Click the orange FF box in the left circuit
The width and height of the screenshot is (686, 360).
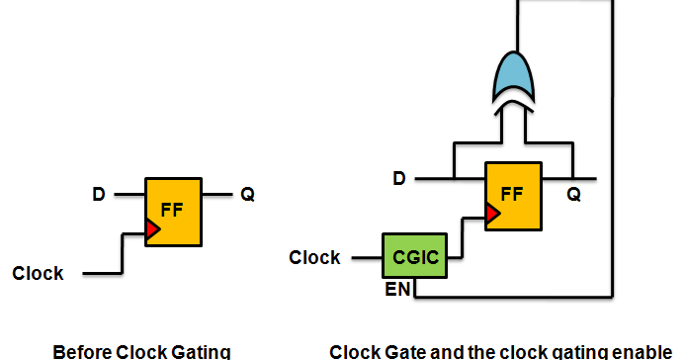tap(174, 213)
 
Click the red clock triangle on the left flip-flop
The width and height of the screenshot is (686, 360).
tap(152, 230)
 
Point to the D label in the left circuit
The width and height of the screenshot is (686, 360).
tap(99, 195)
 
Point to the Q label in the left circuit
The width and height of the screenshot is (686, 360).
tap(248, 195)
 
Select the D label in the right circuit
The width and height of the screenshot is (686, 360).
tap(399, 179)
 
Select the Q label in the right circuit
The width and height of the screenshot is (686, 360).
tap(573, 196)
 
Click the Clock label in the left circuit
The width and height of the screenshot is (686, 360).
tap(38, 273)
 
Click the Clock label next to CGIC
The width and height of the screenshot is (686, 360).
tap(314, 258)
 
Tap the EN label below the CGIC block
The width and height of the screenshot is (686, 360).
tap(397, 290)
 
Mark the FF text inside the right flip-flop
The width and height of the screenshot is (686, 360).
tap(512, 193)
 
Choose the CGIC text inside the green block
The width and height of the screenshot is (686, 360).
tap(413, 258)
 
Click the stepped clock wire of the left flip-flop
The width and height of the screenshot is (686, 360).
tap(121, 253)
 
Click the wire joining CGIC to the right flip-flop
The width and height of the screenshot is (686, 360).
tap(462, 237)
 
